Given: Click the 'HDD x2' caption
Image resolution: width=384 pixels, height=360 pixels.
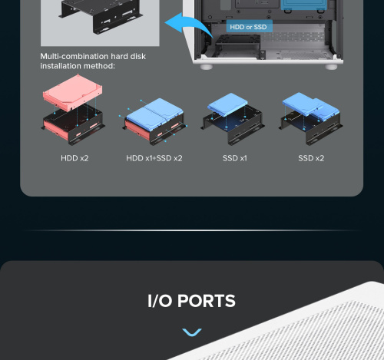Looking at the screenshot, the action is [74, 158].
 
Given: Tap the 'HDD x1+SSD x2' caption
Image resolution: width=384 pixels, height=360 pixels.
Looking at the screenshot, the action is [154, 158].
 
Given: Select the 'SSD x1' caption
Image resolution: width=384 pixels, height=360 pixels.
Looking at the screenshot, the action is [235, 158].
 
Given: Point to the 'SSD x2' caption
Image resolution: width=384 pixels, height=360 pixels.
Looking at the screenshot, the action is [311, 158].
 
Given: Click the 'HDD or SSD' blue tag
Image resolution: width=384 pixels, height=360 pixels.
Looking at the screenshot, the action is [248, 27].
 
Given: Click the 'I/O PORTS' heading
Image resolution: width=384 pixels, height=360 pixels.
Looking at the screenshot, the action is [191, 301].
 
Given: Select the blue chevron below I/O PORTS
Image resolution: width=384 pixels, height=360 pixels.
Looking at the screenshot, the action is [192, 332].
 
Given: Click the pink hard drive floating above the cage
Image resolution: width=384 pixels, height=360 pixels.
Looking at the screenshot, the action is [73, 93].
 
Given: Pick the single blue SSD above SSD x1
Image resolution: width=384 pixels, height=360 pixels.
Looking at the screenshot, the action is [227, 104].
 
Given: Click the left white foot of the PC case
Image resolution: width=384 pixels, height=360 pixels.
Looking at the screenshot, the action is [207, 67].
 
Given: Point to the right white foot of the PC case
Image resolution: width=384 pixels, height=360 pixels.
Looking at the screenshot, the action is [331, 67].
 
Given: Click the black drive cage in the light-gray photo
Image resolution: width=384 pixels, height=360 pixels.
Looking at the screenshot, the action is [101, 16].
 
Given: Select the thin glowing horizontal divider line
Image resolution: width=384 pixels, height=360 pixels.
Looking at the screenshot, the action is [192, 230].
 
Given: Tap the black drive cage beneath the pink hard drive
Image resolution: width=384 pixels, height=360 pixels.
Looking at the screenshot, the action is [73, 124].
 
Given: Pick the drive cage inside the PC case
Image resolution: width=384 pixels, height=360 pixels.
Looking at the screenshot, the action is [237, 46].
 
